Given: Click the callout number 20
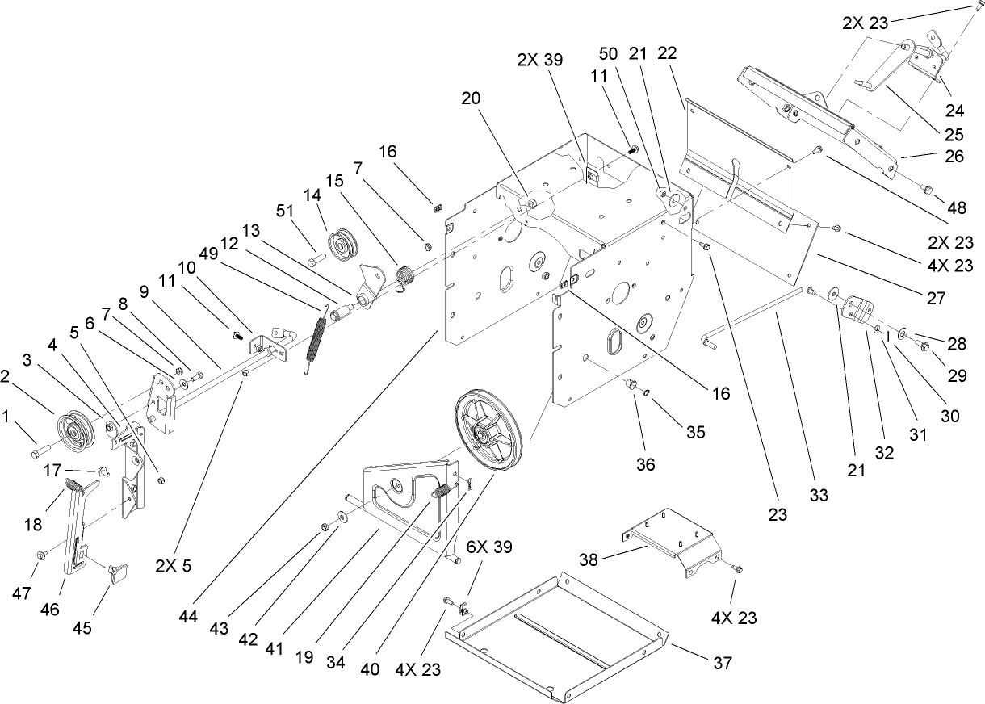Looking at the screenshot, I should [471, 97].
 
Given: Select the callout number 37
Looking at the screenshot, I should [723, 663].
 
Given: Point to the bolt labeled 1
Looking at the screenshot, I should [41, 450].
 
